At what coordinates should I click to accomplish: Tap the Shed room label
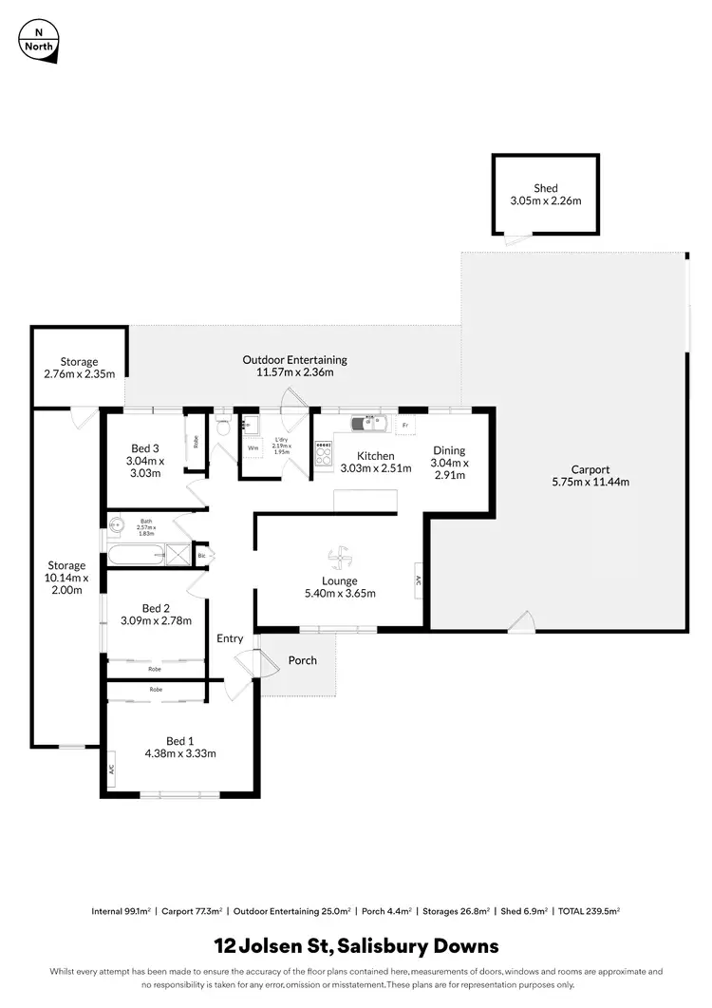(545, 188)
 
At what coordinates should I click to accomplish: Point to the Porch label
(303, 660)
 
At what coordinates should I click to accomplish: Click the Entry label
(230, 638)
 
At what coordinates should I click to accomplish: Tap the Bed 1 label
(180, 741)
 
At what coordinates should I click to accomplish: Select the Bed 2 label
(156, 608)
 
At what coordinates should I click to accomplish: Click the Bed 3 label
(144, 447)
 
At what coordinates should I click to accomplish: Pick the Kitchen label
(375, 455)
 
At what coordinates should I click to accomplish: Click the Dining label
(450, 450)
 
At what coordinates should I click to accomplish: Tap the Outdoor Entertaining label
(294, 359)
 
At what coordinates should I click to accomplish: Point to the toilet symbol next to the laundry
(223, 427)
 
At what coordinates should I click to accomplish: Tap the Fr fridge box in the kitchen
(405, 425)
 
